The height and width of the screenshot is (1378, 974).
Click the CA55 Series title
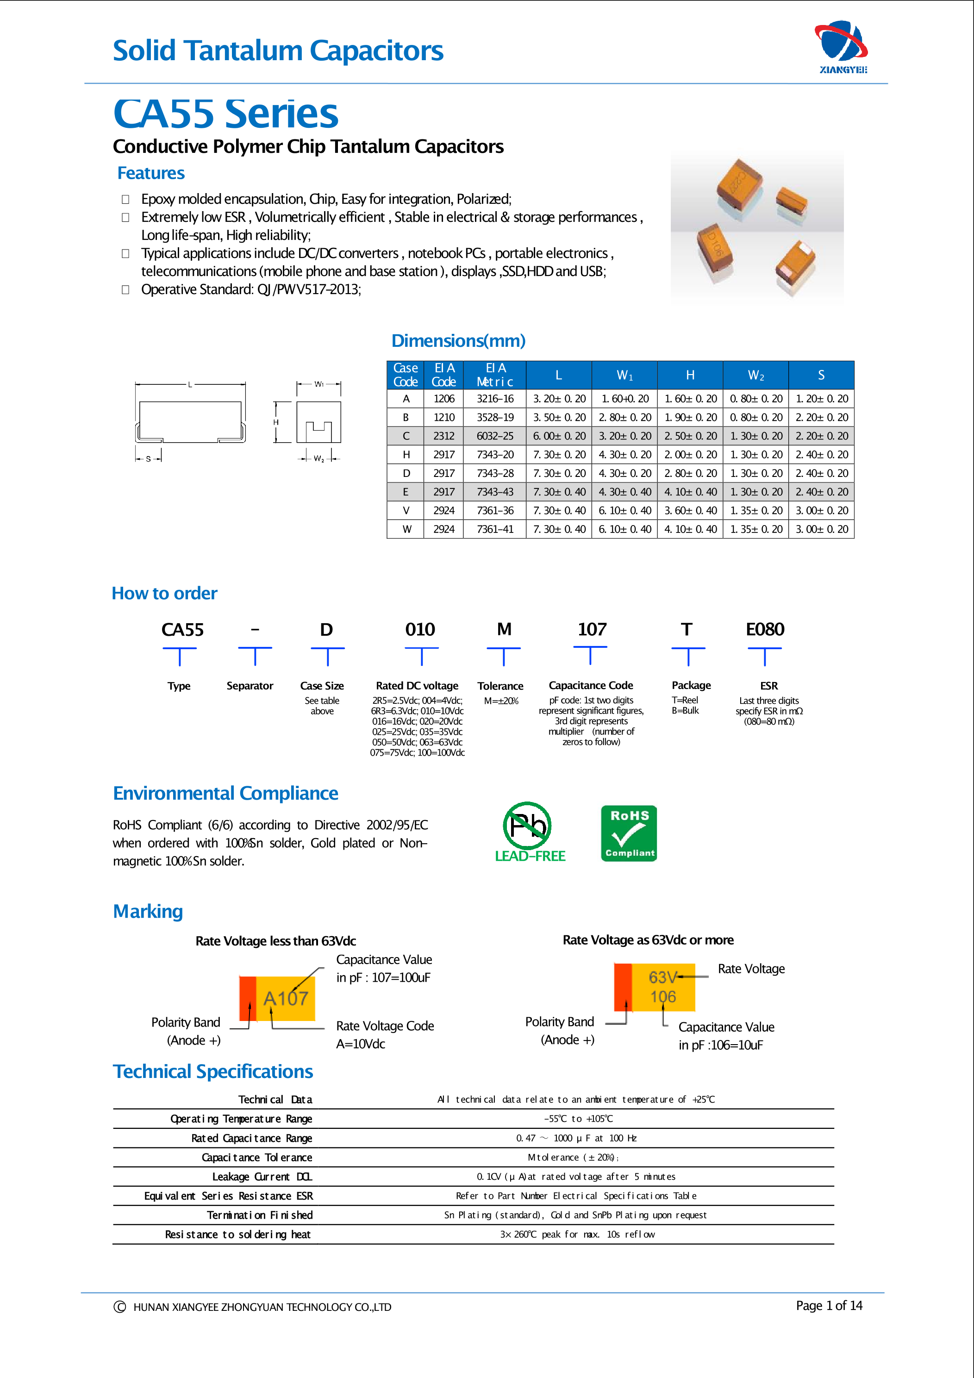point(225,113)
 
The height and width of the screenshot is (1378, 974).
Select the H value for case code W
point(690,529)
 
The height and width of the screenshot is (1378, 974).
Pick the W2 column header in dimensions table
point(755,376)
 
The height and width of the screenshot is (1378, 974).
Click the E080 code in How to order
point(765,630)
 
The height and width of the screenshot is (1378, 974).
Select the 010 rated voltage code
point(419,630)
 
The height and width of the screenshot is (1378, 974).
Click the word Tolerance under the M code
point(500,686)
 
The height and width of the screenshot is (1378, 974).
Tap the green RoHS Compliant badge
point(629,833)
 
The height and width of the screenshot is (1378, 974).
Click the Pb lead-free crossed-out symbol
point(527,826)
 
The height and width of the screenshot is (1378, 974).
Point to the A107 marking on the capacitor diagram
point(286,998)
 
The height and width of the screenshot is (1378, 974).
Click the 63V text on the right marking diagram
point(662,977)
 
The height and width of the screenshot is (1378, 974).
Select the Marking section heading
point(148,911)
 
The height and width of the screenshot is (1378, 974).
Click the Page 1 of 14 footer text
point(829,1305)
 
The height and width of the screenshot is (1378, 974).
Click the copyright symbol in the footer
point(119,1307)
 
